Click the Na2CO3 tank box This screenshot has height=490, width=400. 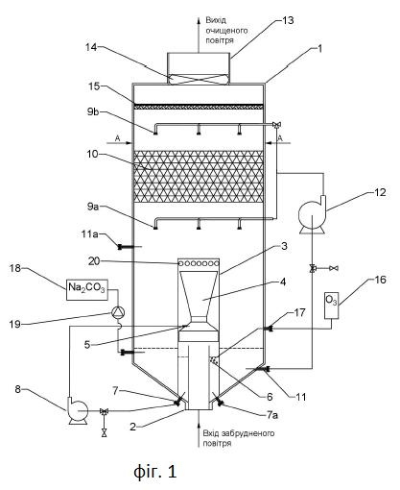point(85,289)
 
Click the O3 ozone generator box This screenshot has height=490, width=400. point(331,306)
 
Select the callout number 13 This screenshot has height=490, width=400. point(287,20)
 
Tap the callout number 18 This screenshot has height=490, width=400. point(15,268)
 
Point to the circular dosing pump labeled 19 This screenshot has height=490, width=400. point(118,312)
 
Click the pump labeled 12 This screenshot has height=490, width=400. point(312,214)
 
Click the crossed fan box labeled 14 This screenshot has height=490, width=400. point(199,79)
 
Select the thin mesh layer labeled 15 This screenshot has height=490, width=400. point(199,107)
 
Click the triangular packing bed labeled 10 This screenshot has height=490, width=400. point(199,177)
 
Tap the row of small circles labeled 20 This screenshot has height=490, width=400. point(199,263)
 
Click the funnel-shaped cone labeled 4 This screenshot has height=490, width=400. point(199,294)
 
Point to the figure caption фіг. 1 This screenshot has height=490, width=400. point(154,471)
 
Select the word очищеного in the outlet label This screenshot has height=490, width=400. point(226,31)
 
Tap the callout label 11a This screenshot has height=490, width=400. point(89,234)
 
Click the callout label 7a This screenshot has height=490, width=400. point(272,415)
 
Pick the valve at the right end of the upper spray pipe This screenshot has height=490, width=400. point(275,125)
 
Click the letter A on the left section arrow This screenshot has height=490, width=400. point(118,138)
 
